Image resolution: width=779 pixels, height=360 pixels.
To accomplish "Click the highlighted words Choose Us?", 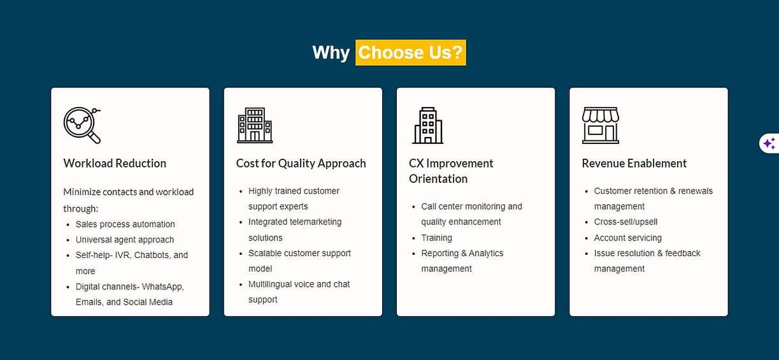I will click(410, 52).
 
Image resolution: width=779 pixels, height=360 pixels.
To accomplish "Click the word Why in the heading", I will click(331, 52).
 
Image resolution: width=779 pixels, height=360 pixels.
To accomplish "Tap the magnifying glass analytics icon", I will click(82, 125).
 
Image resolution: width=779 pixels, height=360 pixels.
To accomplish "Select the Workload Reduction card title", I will click(115, 163).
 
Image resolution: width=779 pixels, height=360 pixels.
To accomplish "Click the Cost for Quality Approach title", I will click(301, 163).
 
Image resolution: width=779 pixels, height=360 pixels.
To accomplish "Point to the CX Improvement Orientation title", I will click(451, 171).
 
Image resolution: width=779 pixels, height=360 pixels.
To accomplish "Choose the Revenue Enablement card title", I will click(634, 163).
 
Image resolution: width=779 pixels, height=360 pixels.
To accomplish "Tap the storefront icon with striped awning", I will click(600, 125).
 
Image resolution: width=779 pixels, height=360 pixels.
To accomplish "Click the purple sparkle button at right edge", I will click(769, 143).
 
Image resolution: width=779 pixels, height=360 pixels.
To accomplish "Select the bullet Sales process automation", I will click(125, 224).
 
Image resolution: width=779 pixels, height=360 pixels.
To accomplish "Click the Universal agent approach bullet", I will click(124, 240).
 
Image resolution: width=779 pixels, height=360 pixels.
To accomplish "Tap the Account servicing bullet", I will click(627, 238).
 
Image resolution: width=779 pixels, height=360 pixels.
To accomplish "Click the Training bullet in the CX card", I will click(436, 238).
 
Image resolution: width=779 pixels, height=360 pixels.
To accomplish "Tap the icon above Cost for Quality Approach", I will click(255, 125).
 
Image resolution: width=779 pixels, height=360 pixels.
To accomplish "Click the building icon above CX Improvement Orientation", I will click(427, 125).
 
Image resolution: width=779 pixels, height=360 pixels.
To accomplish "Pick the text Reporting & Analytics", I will click(462, 253).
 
